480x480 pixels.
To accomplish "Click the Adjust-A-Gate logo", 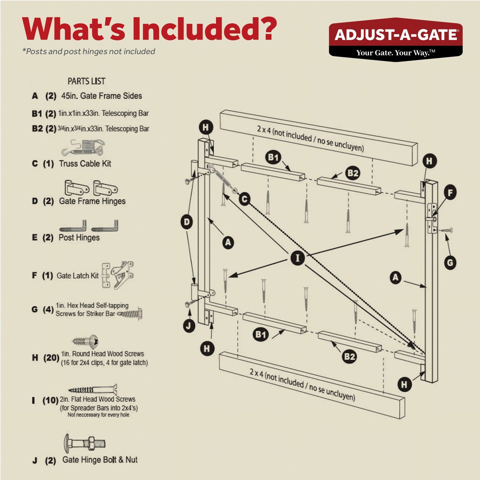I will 395,38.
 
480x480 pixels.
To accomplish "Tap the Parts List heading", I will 86,81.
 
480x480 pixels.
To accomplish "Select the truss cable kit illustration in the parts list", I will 83,148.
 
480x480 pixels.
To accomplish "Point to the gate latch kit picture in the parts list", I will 118,275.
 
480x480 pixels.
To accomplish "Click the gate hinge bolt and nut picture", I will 85,443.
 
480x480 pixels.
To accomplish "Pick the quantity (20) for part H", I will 51,358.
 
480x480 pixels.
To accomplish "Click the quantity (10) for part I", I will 50,400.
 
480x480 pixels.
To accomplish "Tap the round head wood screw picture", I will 85,341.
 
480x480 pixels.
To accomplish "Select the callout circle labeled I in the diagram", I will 297,258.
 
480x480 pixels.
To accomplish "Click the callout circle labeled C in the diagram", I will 244,199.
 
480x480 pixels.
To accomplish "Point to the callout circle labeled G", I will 450,263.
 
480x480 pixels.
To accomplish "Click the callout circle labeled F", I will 450,192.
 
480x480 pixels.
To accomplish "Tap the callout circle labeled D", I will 187,222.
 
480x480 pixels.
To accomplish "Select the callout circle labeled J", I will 189,326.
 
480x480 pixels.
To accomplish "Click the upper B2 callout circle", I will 352,173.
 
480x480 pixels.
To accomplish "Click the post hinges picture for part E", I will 89,226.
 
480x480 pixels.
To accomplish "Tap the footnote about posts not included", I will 89,51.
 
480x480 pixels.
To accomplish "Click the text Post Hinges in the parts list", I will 79,238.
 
